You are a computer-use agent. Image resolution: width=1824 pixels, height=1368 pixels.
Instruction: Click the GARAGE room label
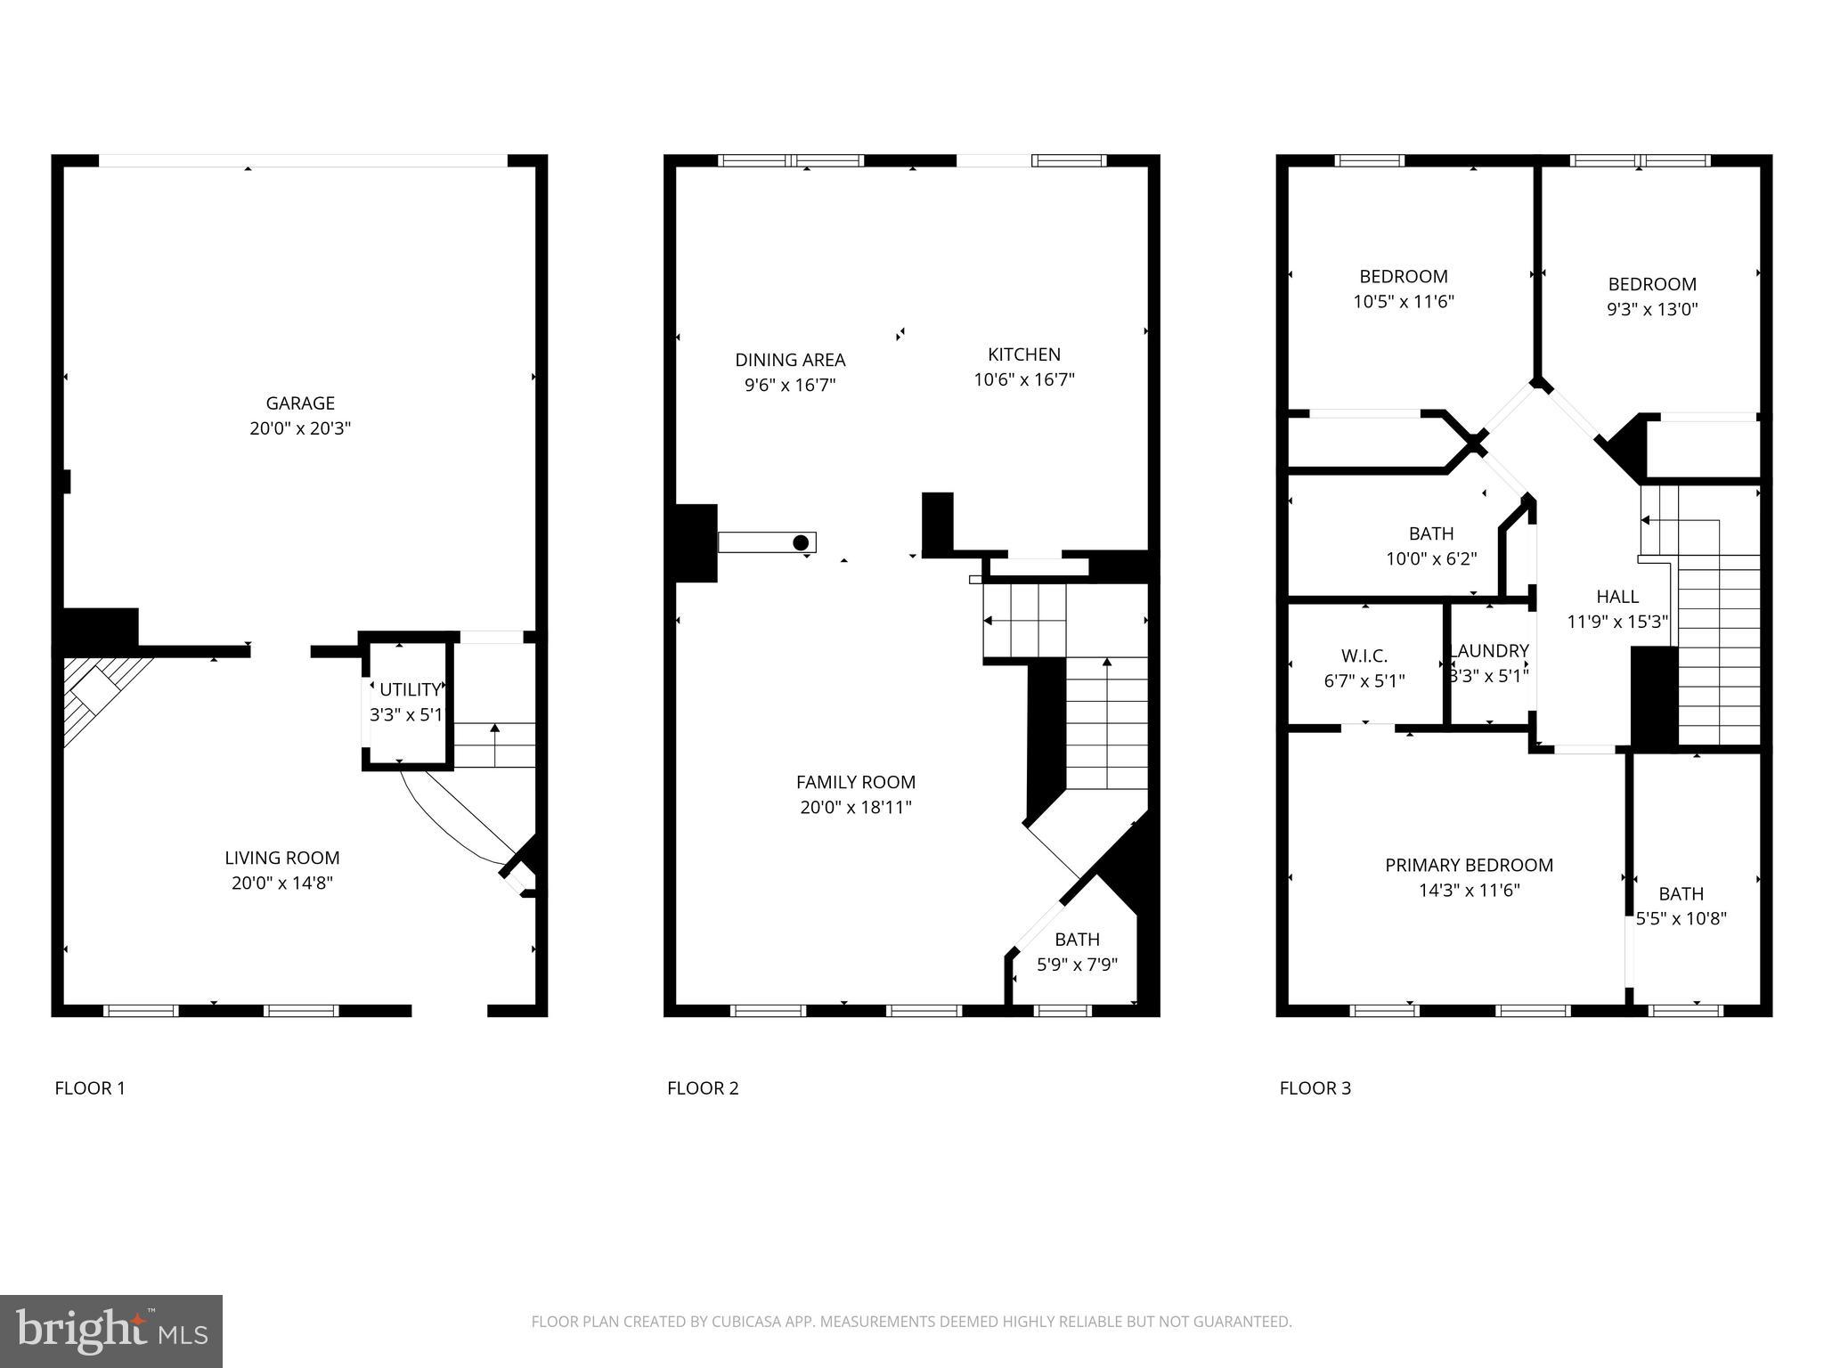[x=300, y=403]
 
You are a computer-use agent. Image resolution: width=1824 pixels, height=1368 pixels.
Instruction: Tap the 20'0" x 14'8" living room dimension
[x=281, y=883]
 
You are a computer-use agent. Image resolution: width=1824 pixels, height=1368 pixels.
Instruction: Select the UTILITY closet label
[x=410, y=689]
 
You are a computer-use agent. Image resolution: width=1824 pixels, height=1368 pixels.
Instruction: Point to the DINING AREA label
[x=790, y=360]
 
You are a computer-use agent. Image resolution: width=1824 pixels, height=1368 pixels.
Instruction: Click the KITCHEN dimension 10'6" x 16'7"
[x=1023, y=380]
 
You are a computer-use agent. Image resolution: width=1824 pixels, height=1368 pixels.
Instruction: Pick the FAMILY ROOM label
[x=855, y=782]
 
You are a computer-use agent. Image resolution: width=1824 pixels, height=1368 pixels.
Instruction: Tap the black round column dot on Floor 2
[x=801, y=542]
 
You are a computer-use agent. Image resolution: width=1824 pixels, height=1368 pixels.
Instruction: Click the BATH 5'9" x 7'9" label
[x=1077, y=940]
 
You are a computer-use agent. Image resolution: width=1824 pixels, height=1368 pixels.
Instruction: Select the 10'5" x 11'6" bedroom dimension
[x=1403, y=302]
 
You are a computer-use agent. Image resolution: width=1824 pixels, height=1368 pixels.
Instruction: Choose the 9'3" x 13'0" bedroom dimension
[x=1652, y=310]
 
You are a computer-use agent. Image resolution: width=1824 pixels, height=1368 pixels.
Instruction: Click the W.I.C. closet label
[x=1364, y=656]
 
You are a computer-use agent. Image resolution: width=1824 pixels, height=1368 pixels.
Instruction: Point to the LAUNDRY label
[x=1489, y=651]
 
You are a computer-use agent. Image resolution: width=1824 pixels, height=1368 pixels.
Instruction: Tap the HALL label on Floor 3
[x=1616, y=597]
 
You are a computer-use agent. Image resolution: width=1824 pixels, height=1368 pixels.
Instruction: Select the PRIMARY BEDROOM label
[x=1469, y=865]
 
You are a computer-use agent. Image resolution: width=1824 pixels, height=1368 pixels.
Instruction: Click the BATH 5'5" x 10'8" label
[x=1681, y=893]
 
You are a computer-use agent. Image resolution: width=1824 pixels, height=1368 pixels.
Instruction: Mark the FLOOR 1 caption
[x=90, y=1088]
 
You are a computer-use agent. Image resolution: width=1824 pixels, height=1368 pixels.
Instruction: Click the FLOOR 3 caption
[x=1315, y=1088]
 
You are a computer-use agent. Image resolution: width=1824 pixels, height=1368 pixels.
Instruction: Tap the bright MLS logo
[x=111, y=1330]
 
